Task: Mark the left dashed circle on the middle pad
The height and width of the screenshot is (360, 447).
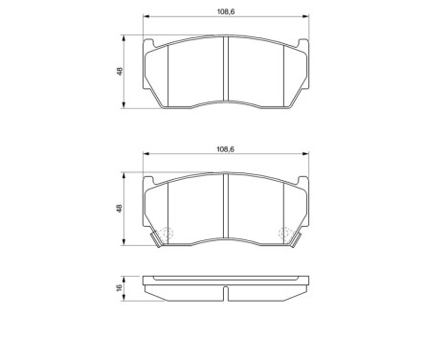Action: pos(167,234)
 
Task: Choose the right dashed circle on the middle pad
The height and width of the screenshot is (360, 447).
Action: pos(283,234)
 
